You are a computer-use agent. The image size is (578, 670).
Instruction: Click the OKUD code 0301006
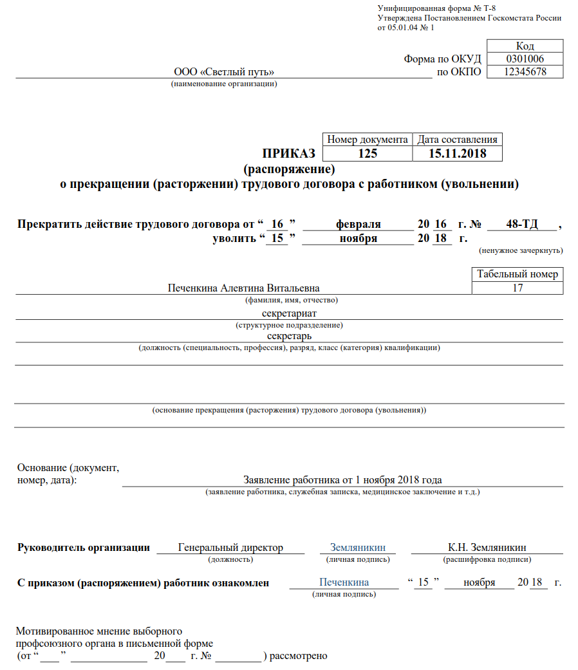[x=525, y=59]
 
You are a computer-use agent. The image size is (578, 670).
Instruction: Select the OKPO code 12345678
[x=525, y=72]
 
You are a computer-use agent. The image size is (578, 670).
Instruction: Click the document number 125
[x=368, y=154]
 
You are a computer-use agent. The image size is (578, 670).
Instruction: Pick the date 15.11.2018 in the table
[x=457, y=154]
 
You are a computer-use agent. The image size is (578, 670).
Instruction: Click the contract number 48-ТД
[x=522, y=225]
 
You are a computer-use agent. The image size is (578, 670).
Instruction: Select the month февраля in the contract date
[x=358, y=225]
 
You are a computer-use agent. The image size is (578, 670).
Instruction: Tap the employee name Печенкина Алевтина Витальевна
[x=244, y=288]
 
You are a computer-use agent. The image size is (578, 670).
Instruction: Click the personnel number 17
[x=517, y=288]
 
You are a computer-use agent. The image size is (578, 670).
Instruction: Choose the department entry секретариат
[x=289, y=313]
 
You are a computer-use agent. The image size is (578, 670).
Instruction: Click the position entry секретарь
[x=289, y=336]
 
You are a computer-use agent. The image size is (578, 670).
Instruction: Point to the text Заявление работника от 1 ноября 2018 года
[x=342, y=480]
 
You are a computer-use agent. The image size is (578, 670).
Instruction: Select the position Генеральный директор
[x=230, y=548]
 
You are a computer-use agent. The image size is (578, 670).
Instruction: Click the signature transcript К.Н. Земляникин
[x=487, y=548]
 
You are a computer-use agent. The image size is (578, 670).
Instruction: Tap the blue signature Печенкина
[x=344, y=582]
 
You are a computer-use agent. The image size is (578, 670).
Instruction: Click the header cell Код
[x=525, y=46]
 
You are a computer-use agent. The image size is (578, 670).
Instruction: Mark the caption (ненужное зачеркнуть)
[x=521, y=250]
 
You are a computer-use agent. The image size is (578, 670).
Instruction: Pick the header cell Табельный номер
[x=517, y=275]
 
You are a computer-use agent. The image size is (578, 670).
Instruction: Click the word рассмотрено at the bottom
[x=299, y=656]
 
